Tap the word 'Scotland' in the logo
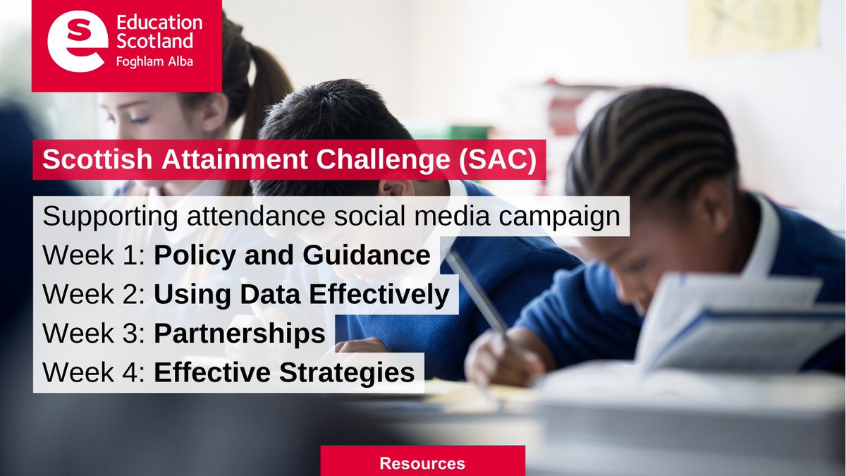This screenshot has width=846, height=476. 149,41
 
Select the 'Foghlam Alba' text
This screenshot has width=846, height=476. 154,61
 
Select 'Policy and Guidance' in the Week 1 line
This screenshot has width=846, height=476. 292,255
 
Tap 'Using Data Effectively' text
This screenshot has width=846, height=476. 301,295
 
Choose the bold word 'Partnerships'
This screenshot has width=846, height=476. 240,334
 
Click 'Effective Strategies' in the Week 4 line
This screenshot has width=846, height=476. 284,372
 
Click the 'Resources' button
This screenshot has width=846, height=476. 422,463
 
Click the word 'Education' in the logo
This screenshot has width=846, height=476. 158,23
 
